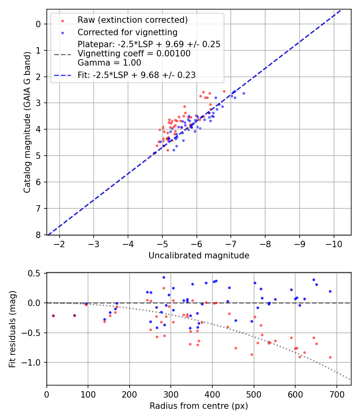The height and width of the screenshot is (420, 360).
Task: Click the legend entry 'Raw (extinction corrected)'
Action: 132,20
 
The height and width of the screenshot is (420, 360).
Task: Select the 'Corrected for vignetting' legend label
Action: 128,32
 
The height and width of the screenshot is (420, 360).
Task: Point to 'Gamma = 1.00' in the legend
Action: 109,62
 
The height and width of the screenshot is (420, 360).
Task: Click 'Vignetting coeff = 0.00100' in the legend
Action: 134,53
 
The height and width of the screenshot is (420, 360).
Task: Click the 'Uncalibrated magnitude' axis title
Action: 199,256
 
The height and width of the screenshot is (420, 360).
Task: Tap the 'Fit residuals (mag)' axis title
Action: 12,329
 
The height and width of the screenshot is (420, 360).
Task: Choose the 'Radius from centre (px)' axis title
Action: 199,406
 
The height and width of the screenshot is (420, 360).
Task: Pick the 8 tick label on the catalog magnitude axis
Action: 39,235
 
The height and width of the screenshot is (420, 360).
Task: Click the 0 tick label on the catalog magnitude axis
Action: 39,24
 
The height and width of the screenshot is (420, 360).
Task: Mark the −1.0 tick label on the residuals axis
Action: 34,362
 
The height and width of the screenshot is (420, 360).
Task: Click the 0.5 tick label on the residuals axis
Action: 36,273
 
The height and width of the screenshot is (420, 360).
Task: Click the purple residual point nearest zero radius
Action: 53,316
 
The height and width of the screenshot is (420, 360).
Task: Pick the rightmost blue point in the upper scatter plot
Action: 244,93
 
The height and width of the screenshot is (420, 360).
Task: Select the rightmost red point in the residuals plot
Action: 330,357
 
